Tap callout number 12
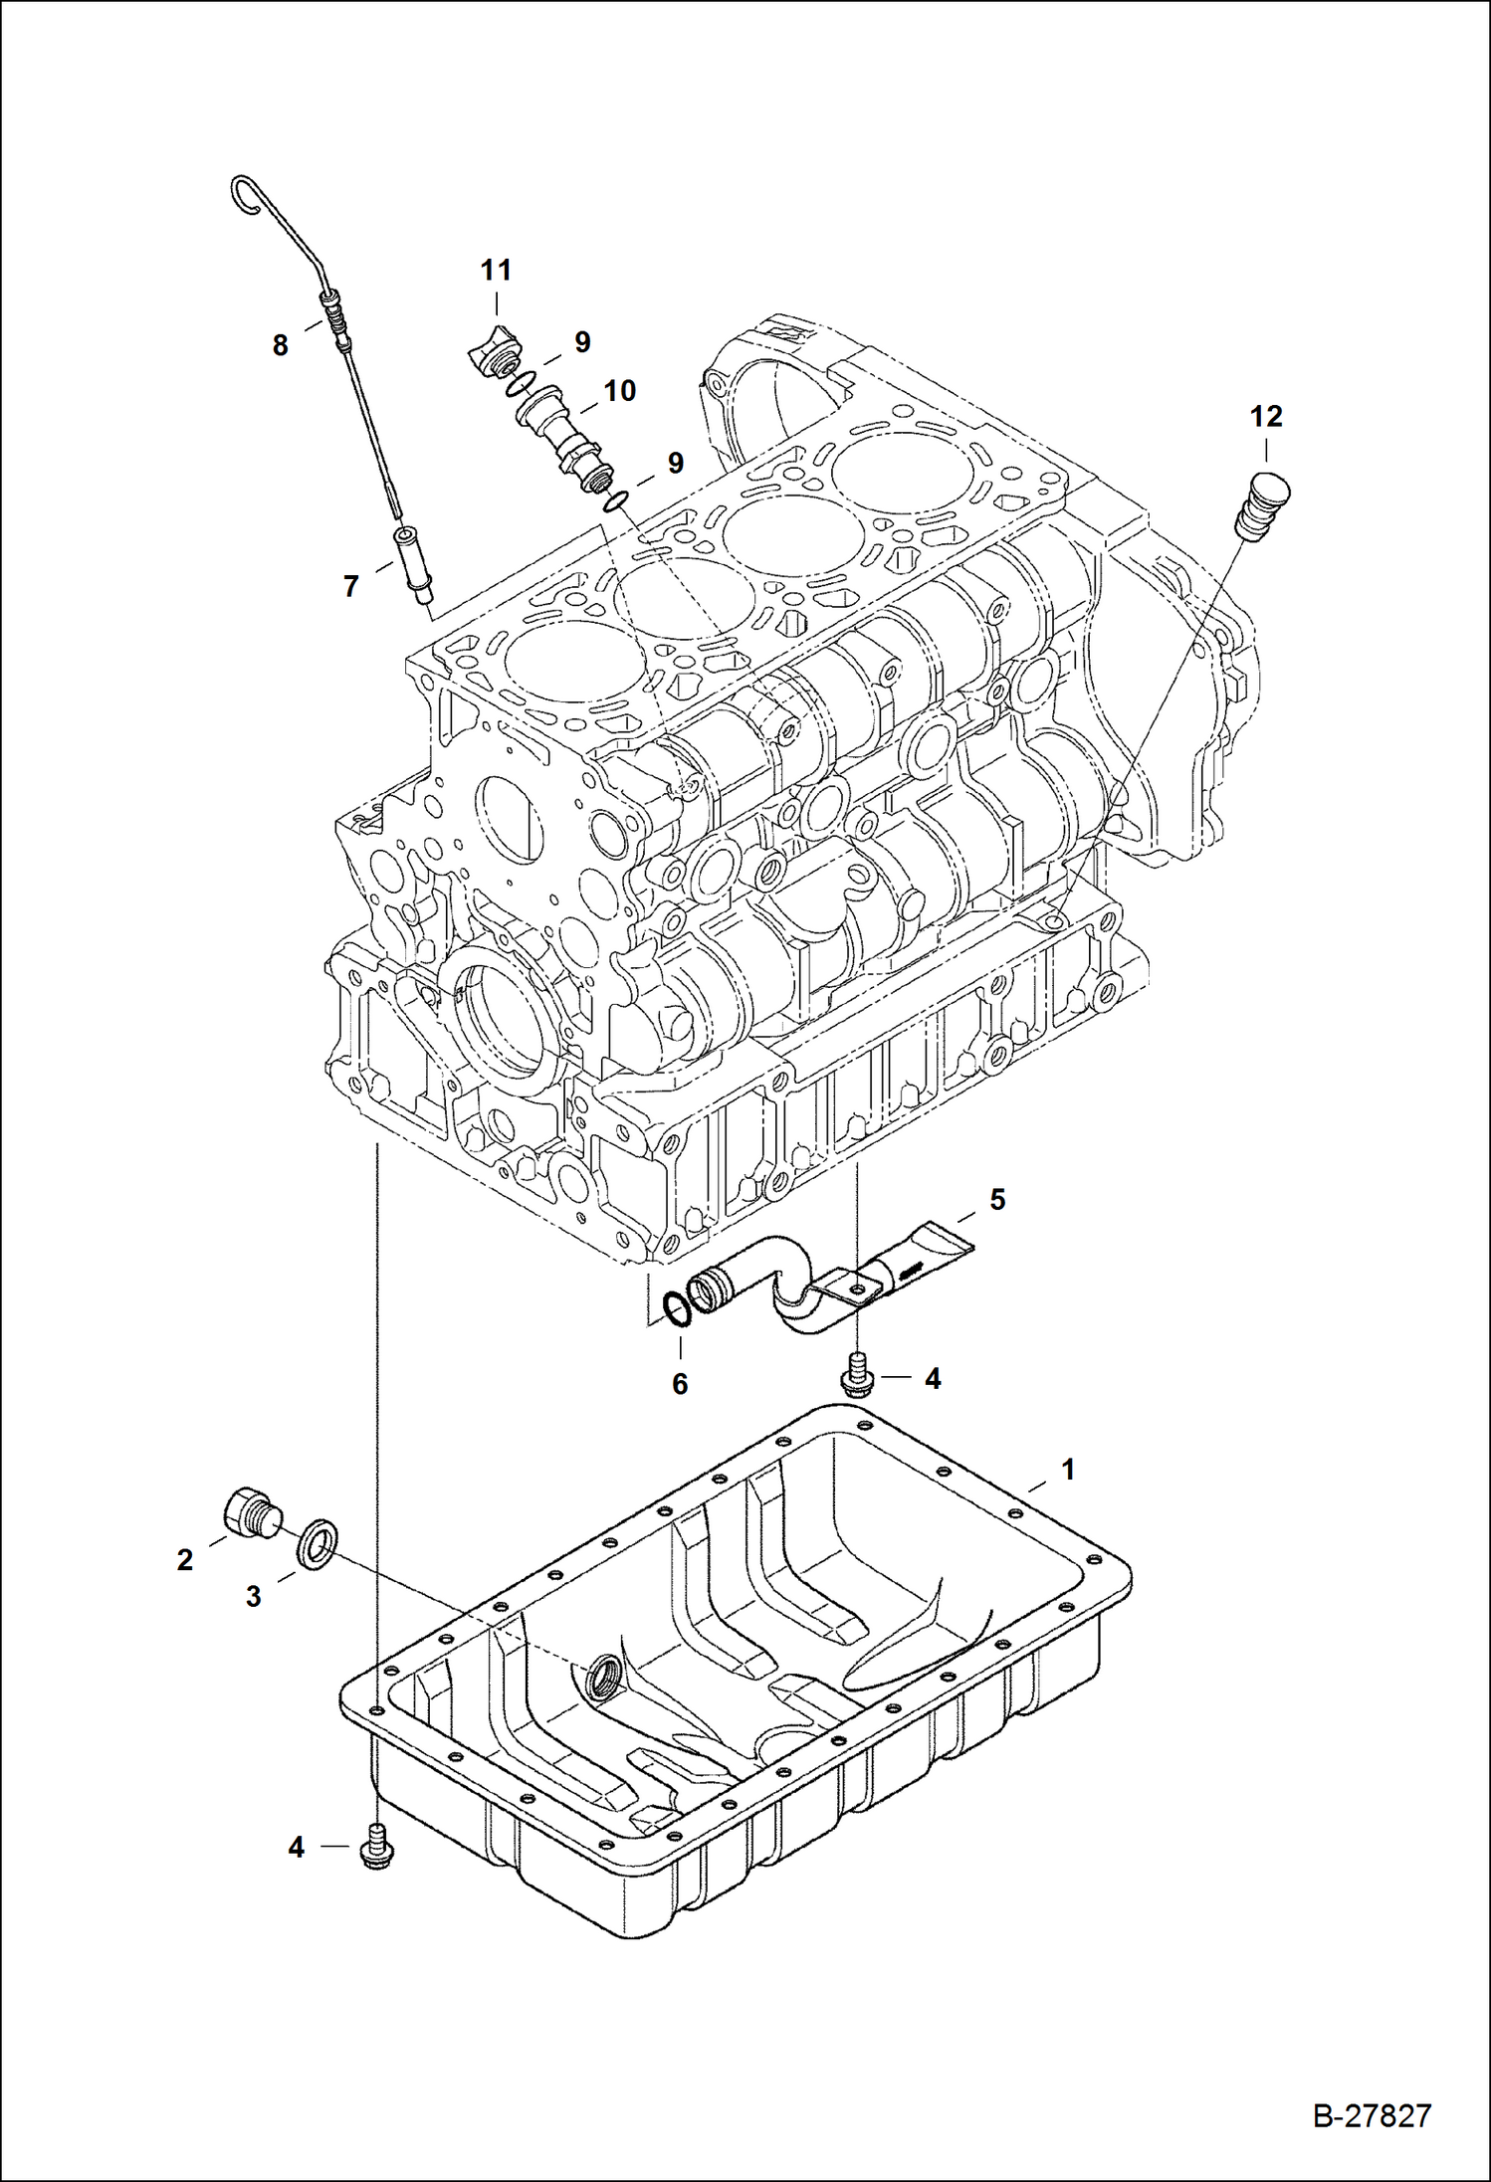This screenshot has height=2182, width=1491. pyautogui.click(x=1266, y=416)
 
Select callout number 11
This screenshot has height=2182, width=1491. pyautogui.click(x=496, y=270)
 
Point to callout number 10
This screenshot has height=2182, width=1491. pyautogui.click(x=619, y=391)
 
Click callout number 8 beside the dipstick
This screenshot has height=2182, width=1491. pyautogui.click(x=281, y=346)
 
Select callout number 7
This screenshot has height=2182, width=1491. pyautogui.click(x=350, y=587)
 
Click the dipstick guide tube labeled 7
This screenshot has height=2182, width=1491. pyautogui.click(x=416, y=565)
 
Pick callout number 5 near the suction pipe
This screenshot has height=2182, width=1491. pyautogui.click(x=996, y=1200)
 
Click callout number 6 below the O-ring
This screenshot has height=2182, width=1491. pyautogui.click(x=680, y=1383)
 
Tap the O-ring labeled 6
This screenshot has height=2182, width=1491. pyautogui.click(x=676, y=1308)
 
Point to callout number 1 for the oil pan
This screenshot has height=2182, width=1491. pyautogui.click(x=1068, y=1469)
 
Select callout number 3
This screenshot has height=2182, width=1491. pyautogui.click(x=253, y=1597)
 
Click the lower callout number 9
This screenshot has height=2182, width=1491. pyautogui.click(x=676, y=463)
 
